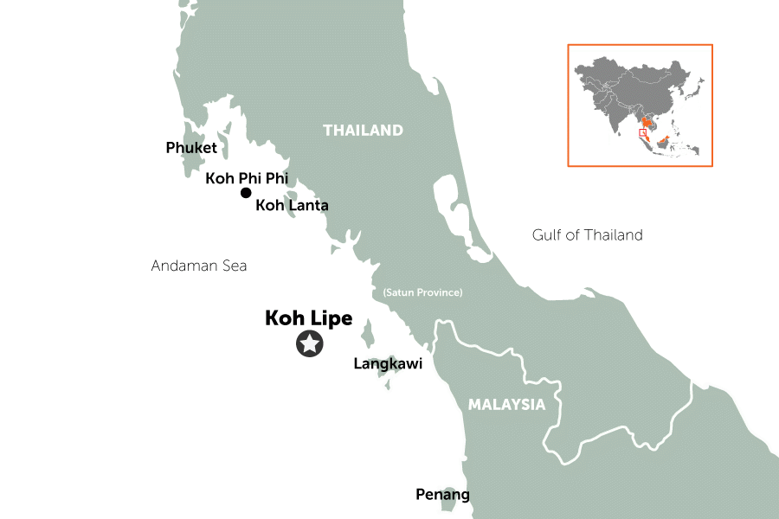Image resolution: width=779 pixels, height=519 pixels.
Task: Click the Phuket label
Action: point(191,148)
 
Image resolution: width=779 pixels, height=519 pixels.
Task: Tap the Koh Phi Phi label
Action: point(246,178)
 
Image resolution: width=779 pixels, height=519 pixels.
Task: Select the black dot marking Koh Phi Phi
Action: point(246,193)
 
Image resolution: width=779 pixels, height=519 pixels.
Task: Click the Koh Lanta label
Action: point(292,206)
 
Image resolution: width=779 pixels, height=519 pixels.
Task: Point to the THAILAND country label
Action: point(363,131)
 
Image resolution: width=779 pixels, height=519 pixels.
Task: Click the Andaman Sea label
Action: point(198,266)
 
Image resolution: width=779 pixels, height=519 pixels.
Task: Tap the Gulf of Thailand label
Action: point(588,234)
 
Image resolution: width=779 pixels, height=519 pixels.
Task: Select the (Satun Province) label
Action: point(422,292)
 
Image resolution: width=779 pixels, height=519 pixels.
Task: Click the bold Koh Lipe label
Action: point(308,318)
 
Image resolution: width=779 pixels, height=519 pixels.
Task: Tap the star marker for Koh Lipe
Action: point(309,344)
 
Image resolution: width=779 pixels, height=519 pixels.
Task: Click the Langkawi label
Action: point(388,364)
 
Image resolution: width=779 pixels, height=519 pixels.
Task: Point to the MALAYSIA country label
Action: point(506,404)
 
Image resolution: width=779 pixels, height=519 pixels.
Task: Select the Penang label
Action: point(442,495)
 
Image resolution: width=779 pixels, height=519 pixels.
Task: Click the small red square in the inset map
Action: point(642,133)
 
